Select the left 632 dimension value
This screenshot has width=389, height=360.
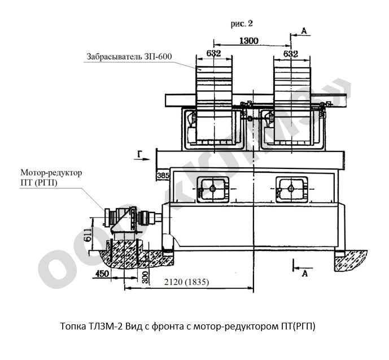(213, 53)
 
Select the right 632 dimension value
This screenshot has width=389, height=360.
(290, 53)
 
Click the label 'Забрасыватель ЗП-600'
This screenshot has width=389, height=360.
(129, 57)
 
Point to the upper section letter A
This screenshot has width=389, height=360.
(303, 32)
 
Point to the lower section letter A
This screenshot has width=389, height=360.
(304, 273)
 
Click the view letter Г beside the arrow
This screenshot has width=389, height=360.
(139, 153)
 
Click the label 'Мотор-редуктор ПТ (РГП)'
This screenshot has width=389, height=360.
(51, 177)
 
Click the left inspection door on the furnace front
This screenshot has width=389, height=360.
(213, 188)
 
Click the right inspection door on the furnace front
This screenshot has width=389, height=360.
(291, 188)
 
